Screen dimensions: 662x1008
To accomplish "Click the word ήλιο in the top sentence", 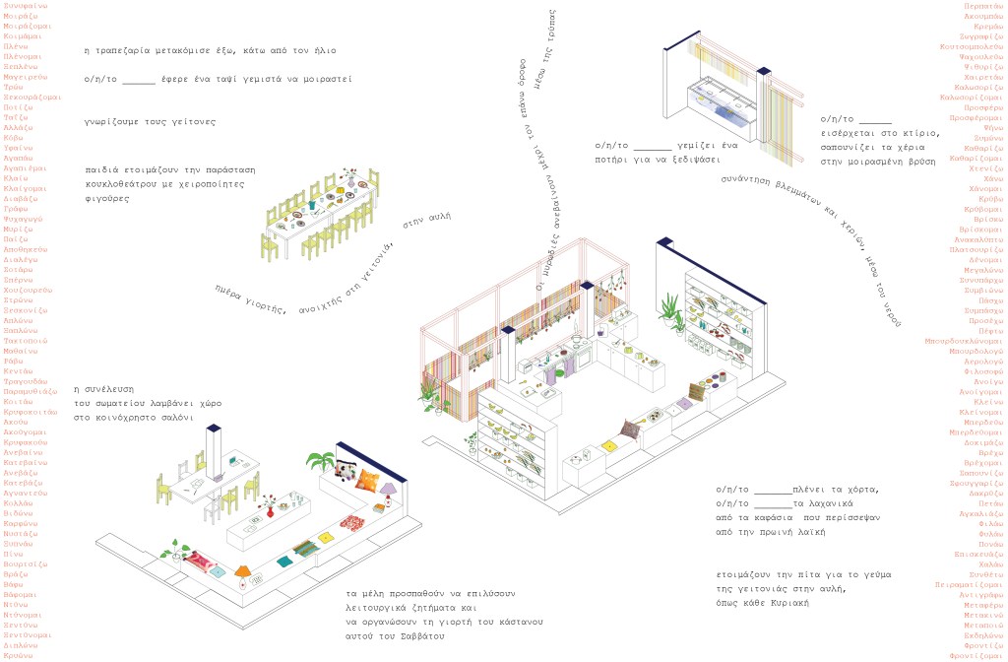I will click(344, 48).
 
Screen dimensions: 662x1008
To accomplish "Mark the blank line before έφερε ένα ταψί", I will click(139, 80).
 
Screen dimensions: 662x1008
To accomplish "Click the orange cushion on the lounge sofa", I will click(366, 481).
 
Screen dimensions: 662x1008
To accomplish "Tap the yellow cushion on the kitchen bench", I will click(610, 447).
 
